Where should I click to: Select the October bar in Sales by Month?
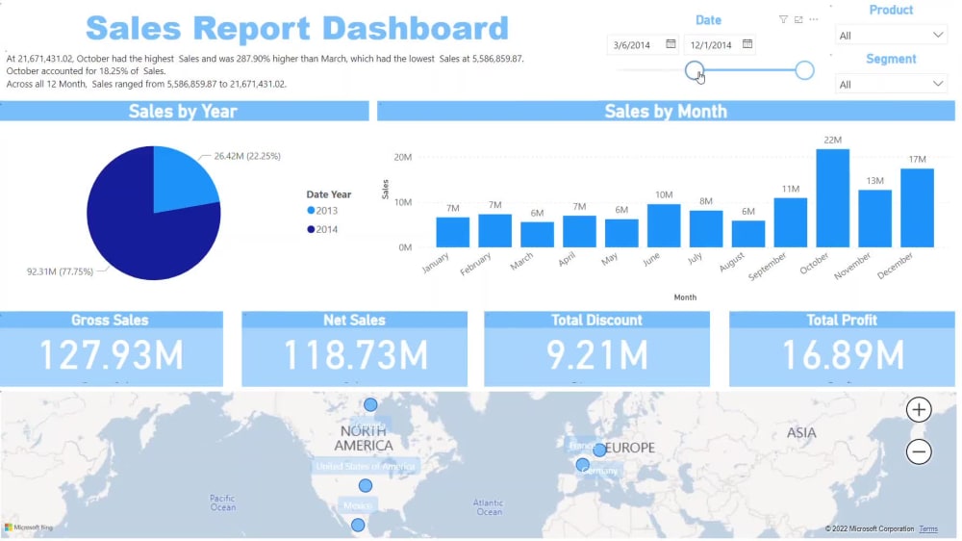(x=832, y=198)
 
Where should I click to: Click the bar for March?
(x=537, y=235)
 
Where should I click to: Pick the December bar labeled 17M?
(x=917, y=208)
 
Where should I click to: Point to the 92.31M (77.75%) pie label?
(x=60, y=271)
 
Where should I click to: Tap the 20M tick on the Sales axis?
(x=403, y=157)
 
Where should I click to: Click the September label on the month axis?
(x=768, y=265)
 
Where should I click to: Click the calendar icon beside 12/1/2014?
(x=747, y=44)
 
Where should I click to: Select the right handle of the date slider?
(x=804, y=70)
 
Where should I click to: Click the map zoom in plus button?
(x=919, y=410)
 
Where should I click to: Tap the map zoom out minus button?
(x=919, y=451)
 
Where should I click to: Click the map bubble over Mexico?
(x=358, y=525)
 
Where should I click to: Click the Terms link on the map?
(x=927, y=529)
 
